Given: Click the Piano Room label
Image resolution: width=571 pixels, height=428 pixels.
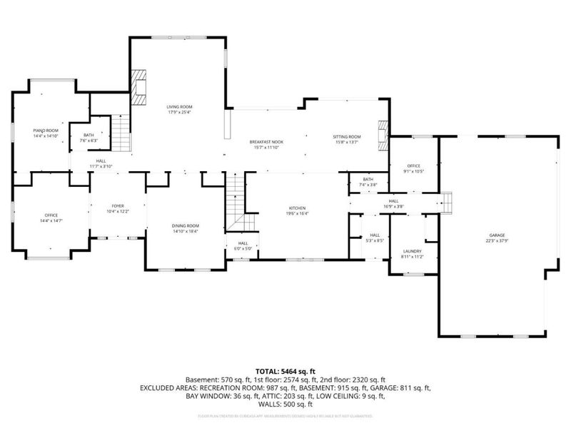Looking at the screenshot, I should [45, 133].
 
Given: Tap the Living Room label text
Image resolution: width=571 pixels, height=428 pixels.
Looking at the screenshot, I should [178, 109].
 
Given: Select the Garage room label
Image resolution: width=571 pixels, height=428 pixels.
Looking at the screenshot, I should [496, 238].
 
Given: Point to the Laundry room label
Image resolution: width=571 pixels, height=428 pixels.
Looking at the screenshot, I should [412, 254].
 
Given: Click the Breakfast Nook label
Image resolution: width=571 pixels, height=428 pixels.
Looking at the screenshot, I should [266, 145].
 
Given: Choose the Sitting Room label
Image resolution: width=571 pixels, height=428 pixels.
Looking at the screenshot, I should [346, 139].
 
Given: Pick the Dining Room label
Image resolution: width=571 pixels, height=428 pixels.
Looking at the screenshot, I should [185, 228].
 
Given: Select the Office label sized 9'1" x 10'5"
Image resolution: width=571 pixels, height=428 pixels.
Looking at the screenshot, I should [413, 168].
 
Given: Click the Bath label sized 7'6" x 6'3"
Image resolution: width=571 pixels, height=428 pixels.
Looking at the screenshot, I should [89, 138].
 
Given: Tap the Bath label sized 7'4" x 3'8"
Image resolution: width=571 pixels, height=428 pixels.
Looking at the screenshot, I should [368, 182].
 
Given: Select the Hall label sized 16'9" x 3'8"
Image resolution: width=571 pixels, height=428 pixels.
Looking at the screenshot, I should [393, 203].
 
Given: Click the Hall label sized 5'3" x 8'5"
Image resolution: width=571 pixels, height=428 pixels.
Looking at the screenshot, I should [375, 238].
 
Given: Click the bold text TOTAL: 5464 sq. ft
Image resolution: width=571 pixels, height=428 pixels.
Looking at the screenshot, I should [285, 371].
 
